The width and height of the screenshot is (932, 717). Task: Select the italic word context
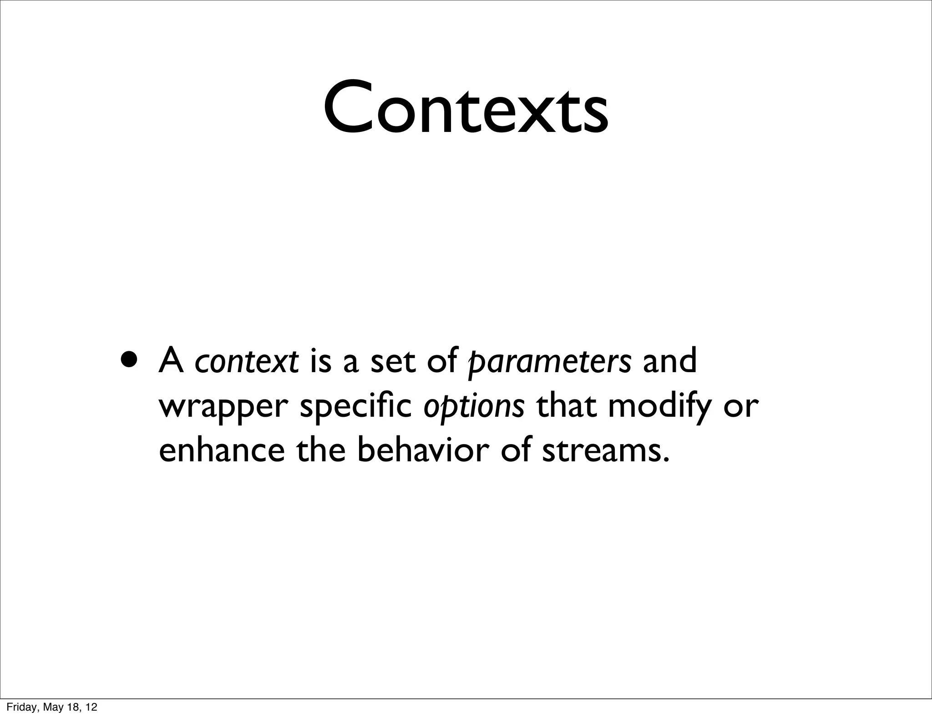pyautogui.click(x=247, y=361)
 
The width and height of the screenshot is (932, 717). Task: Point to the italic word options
pyautogui.click(x=474, y=406)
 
